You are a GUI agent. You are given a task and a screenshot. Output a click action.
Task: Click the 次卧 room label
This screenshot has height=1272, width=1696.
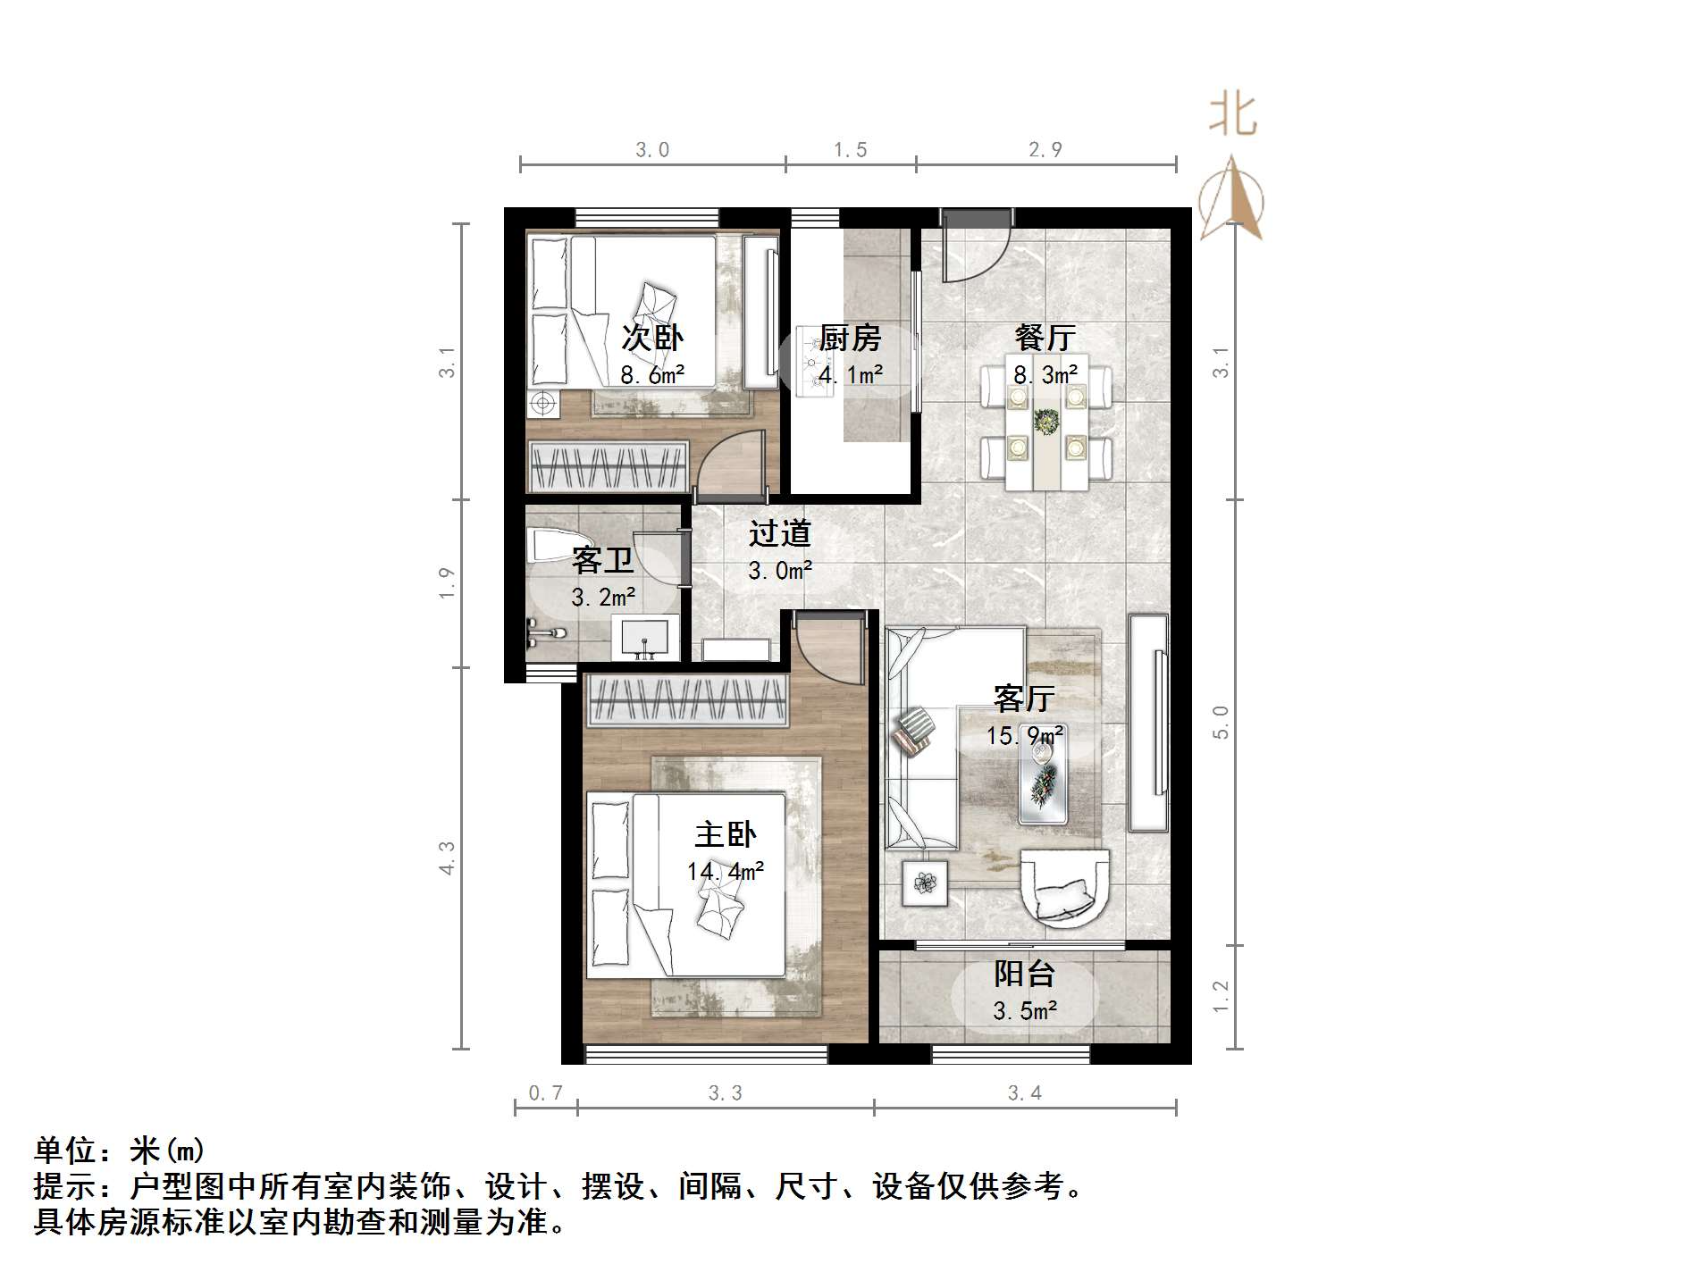652,338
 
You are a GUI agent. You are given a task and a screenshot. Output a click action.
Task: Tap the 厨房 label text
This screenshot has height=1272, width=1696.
850,338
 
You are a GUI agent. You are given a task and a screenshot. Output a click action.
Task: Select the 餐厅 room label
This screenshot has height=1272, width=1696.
1045,338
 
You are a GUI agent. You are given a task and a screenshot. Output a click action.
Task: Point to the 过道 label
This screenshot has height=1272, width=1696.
779,533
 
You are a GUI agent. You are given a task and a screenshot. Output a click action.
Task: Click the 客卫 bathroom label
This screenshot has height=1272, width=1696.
602,561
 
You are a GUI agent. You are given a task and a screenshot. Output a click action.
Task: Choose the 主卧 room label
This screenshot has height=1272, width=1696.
725,834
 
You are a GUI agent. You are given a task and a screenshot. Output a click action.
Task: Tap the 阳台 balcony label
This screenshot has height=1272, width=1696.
1025,974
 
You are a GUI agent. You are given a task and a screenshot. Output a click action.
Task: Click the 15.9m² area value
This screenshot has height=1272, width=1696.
1024,735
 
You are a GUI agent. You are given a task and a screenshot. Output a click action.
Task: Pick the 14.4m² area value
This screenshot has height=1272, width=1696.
725,870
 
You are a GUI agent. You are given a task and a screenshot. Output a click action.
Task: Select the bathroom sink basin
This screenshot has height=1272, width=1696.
643,637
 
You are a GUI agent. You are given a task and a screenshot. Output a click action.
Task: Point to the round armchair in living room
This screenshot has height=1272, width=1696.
1065,888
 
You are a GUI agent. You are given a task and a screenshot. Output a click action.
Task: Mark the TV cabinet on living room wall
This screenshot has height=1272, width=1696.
1148,724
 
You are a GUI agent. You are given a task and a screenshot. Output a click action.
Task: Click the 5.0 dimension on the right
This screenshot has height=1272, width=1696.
1221,722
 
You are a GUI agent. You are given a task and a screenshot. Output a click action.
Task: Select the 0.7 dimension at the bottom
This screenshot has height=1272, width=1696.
545,1092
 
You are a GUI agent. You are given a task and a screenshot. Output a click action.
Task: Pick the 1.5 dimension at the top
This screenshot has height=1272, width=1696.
850,150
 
